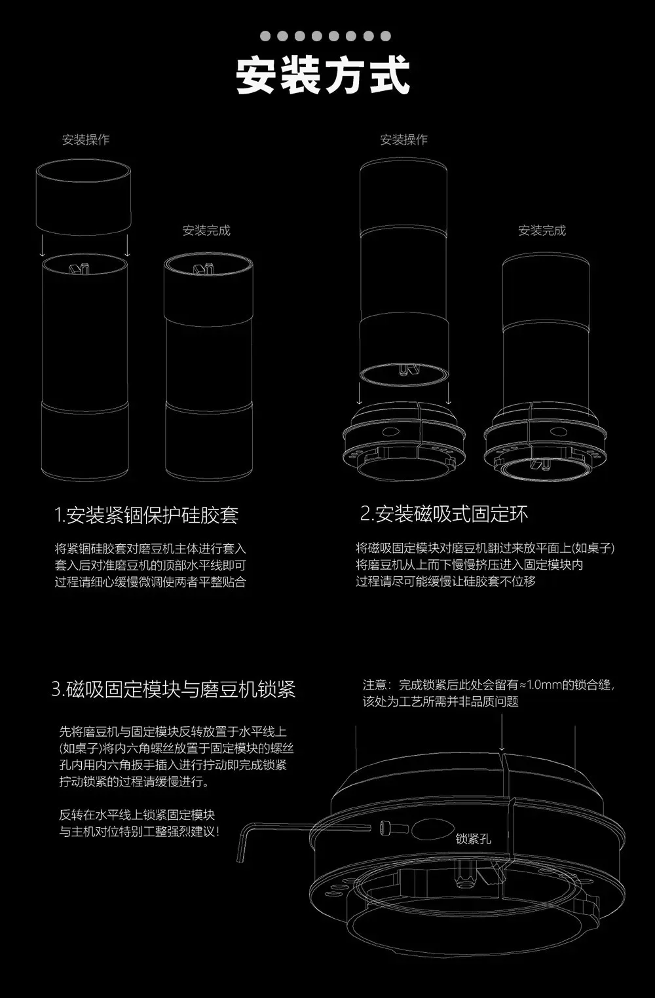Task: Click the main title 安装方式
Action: (x=323, y=75)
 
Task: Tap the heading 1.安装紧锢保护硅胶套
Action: (x=146, y=515)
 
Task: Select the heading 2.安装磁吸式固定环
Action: (x=444, y=513)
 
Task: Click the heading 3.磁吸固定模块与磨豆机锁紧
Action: (x=173, y=689)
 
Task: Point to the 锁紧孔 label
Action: (x=473, y=839)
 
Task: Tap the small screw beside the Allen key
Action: (x=394, y=828)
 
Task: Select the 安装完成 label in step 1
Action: (x=206, y=231)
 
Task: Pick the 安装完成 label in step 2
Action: (x=542, y=231)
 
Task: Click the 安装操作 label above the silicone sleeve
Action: (x=86, y=139)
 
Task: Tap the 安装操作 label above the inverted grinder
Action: (x=403, y=139)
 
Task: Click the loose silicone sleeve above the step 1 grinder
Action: (x=83, y=197)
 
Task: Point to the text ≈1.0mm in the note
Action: (x=540, y=685)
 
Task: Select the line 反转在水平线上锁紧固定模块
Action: (x=138, y=815)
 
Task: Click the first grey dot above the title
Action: (x=265, y=36)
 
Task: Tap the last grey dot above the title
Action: (x=386, y=36)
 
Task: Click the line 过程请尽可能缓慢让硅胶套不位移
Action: (x=445, y=582)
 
